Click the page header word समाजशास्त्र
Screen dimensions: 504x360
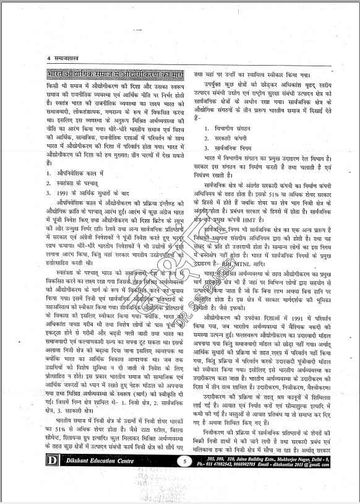[x=68, y=58]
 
